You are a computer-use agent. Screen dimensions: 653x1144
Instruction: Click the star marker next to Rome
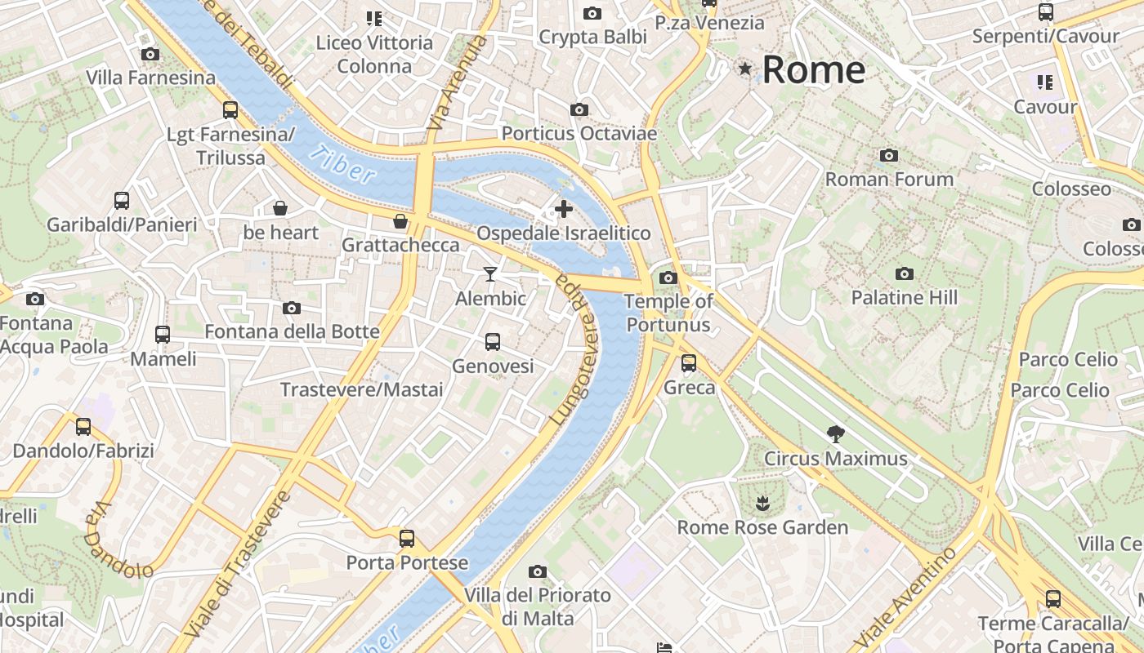(744, 69)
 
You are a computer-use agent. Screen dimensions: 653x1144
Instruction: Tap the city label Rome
(813, 69)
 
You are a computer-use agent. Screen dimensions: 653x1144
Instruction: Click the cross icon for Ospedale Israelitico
(564, 210)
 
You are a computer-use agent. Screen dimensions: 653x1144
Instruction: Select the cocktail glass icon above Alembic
(490, 274)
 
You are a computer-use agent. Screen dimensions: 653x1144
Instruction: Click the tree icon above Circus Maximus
(835, 433)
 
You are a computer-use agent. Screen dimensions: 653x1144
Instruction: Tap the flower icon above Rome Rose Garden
(762, 503)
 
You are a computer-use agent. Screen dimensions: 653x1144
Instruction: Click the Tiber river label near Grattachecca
(344, 164)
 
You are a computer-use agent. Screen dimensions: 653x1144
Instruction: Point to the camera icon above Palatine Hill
(904, 274)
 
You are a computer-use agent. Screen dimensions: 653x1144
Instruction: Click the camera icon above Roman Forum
(889, 155)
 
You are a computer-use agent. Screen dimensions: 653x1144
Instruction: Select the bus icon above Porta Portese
(407, 539)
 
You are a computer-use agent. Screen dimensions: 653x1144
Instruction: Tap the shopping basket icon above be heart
(280, 208)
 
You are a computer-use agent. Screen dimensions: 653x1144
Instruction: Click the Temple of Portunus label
(668, 313)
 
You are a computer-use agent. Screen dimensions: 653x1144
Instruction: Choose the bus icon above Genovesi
(493, 342)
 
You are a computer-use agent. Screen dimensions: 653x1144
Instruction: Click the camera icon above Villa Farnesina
(150, 55)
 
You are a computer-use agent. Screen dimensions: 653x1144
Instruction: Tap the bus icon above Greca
(689, 363)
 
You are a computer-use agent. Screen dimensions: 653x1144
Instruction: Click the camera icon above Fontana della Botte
(292, 309)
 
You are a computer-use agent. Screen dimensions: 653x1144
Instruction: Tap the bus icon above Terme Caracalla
(1053, 599)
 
